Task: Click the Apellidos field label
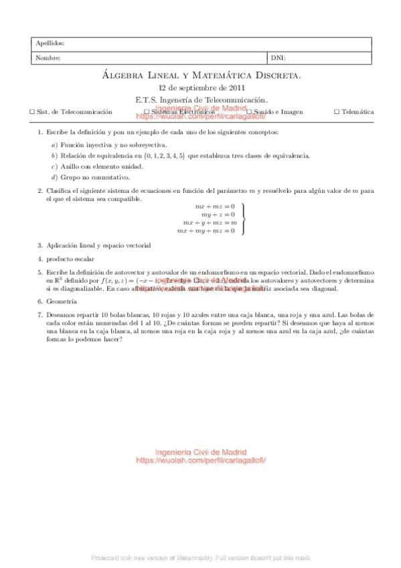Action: (x=50, y=44)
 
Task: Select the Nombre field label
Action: (x=48, y=58)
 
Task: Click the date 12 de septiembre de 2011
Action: (x=202, y=88)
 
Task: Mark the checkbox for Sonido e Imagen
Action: (x=248, y=113)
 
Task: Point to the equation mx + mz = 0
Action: (x=215, y=206)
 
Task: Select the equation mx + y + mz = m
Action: (x=210, y=222)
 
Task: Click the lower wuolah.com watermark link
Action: (x=202, y=461)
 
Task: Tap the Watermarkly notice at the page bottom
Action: (x=201, y=557)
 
